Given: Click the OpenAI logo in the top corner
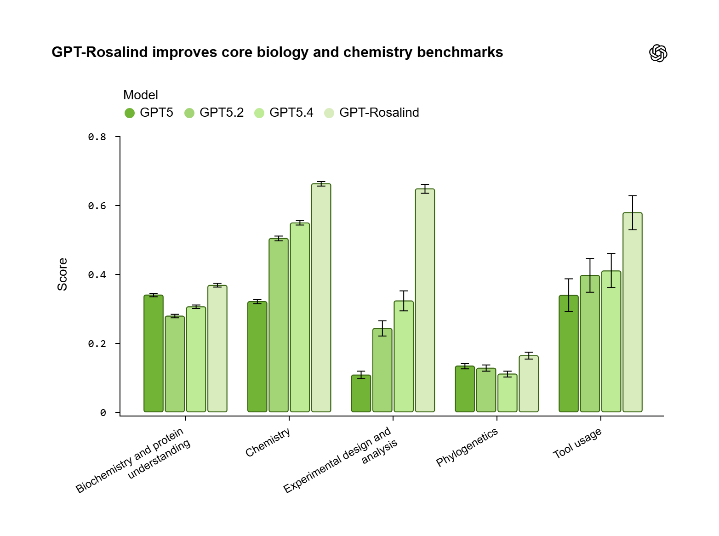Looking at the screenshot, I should point(658,53).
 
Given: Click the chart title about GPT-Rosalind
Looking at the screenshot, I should point(277,52).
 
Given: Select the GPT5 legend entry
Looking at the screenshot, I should point(149,113).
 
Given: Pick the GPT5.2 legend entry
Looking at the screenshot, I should point(214,113).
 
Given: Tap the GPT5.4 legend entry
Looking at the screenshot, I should point(284,113).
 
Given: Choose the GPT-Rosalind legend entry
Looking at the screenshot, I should point(371,113).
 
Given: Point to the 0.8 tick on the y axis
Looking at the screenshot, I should point(97,137).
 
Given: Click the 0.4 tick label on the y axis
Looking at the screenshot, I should point(97,275).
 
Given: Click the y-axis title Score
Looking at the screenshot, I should point(63,274).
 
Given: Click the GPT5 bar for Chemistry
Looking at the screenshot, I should point(257,357).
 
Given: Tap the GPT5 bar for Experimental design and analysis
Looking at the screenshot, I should point(361,393).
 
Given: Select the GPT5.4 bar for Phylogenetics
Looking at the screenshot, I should point(508,393).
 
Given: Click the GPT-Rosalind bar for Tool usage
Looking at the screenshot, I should point(633,312).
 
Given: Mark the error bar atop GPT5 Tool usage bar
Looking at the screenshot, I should point(569,295).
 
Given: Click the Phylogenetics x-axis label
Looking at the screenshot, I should point(467,447).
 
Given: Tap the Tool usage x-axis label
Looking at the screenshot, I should point(577,443).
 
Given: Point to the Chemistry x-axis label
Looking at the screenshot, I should point(268,442).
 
